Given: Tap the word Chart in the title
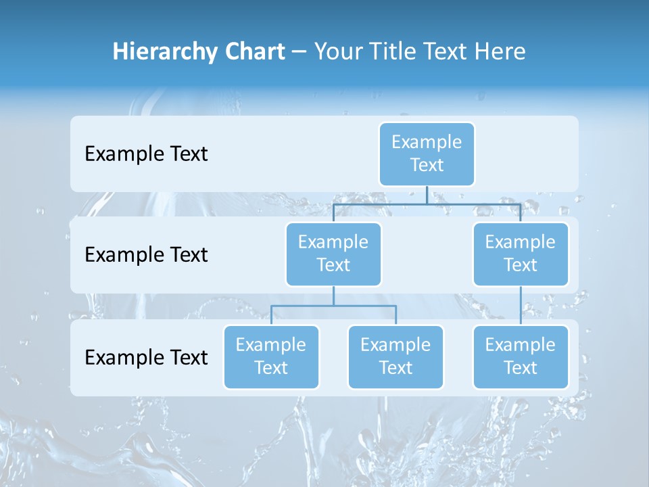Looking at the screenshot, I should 252,51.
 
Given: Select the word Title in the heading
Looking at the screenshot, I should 392,51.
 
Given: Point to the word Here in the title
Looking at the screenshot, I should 500,51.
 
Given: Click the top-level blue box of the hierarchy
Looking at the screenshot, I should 427,154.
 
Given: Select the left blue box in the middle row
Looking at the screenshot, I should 333,254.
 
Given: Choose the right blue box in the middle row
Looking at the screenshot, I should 521,254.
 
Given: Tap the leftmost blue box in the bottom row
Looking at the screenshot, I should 271,356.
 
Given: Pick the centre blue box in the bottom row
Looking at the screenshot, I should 395,356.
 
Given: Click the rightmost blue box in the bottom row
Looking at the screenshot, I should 521,356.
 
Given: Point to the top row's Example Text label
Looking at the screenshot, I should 146,154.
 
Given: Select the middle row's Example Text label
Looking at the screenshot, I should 146,254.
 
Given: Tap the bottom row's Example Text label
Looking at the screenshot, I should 146,357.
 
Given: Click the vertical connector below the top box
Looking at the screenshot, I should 427,195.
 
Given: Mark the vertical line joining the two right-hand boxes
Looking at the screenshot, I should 521,306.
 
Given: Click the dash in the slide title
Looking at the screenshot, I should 299,51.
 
